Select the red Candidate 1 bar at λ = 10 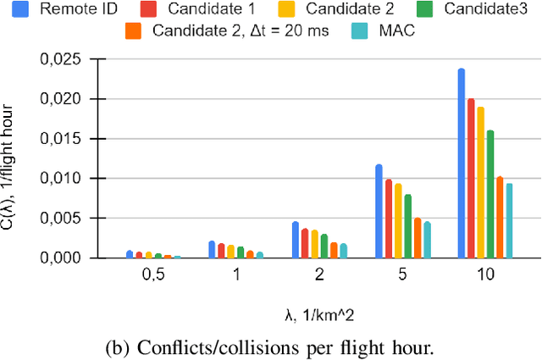471,178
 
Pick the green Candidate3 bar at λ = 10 490,194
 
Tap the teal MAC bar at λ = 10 510,220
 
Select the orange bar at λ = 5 418,237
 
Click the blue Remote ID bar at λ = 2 295,240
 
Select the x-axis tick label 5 402,275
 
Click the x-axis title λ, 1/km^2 319,315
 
